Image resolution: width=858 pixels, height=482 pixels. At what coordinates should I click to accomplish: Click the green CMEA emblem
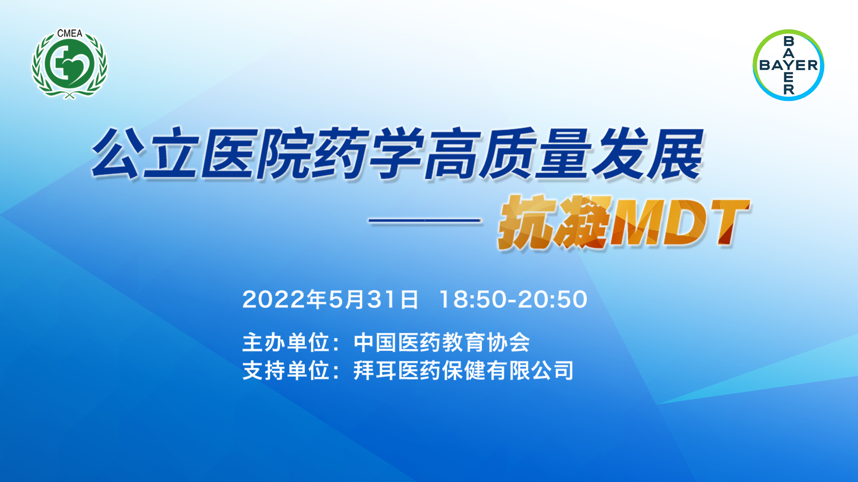(69, 65)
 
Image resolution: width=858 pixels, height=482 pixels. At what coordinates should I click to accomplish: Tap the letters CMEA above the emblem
(70, 33)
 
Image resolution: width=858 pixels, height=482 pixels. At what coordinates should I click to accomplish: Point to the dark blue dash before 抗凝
(425, 220)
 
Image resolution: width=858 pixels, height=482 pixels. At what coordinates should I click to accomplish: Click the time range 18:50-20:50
(513, 299)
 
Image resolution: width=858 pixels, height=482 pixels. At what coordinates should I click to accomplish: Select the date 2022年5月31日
(330, 299)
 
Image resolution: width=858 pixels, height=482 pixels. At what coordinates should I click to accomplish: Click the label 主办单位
(286, 342)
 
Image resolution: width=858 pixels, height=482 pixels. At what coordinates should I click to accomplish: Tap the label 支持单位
(286, 370)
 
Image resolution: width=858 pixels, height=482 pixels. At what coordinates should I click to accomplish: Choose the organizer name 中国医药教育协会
(442, 342)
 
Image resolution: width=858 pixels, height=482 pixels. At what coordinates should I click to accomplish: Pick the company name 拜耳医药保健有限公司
(463, 370)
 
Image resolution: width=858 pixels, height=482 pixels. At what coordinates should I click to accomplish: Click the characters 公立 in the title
(144, 154)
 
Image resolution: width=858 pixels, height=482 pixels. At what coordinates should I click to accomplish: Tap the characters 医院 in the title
(257, 154)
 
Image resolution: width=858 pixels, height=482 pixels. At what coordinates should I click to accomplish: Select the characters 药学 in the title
(367, 154)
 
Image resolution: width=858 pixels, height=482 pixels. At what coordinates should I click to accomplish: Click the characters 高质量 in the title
(507, 154)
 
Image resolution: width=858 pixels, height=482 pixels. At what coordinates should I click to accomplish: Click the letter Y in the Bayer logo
(789, 65)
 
